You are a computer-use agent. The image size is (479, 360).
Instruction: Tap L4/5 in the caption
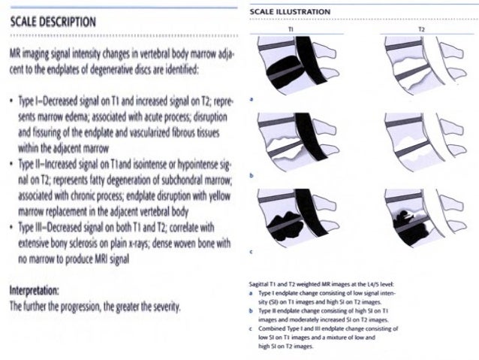389,285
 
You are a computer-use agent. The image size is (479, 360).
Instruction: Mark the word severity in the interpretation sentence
161,307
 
